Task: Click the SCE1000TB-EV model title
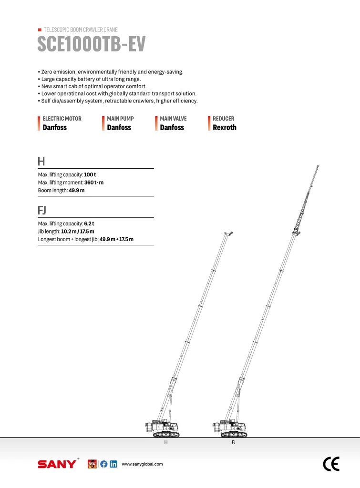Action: pyautogui.click(x=91, y=44)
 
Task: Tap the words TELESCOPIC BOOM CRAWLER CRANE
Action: pyautogui.click(x=80, y=30)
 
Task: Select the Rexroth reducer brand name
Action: pyautogui.click(x=224, y=128)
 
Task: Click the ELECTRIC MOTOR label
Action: pyautogui.click(x=62, y=119)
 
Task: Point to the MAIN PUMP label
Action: pyautogui.click(x=120, y=119)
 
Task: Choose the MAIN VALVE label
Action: pyautogui.click(x=173, y=119)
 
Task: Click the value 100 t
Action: pyautogui.click(x=90, y=175)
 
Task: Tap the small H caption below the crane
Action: pyautogui.click(x=165, y=443)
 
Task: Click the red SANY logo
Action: pyautogui.click(x=57, y=464)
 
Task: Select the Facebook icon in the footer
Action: pyautogui.click(x=104, y=464)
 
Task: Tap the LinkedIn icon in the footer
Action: pyautogui.click(x=113, y=464)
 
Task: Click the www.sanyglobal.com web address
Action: pyautogui.click(x=143, y=464)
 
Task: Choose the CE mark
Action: pyautogui.click(x=331, y=464)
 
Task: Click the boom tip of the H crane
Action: pyautogui.click(x=229, y=234)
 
